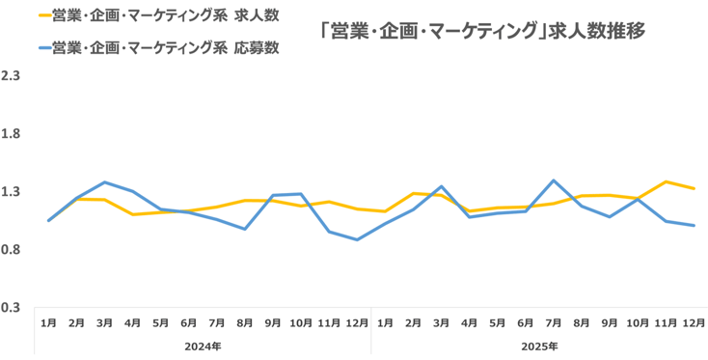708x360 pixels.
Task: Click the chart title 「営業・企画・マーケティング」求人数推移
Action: pyautogui.click(x=482, y=31)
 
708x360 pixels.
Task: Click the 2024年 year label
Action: pyautogui.click(x=204, y=345)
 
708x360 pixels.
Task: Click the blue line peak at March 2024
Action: pyautogui.click(x=104, y=182)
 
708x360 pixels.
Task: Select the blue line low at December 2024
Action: pyautogui.click(x=357, y=239)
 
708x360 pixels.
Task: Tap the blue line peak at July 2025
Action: pyautogui.click(x=554, y=180)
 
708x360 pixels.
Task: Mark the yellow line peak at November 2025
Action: pyautogui.click(x=666, y=181)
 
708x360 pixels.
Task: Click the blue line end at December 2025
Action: pyautogui.click(x=694, y=226)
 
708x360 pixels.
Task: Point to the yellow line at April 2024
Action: pyautogui.click(x=132, y=214)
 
